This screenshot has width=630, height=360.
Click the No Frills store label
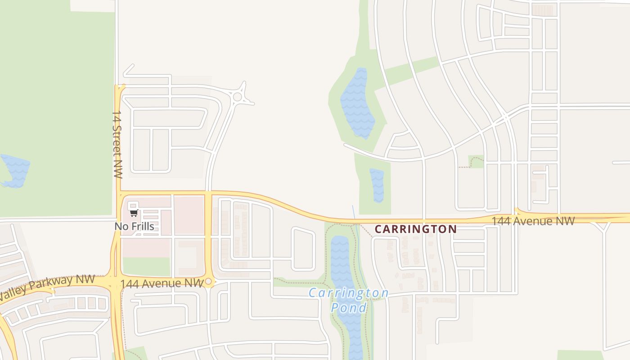click(x=134, y=226)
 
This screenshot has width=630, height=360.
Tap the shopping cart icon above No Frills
click(x=133, y=213)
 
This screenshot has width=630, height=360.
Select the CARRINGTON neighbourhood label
click(x=415, y=229)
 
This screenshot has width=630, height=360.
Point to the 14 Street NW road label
click(x=117, y=144)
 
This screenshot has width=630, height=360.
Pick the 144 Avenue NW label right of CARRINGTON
click(x=533, y=221)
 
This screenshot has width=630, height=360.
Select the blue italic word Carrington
click(x=348, y=293)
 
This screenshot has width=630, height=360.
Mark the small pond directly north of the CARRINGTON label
click(x=377, y=185)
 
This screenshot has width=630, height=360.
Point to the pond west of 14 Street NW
click(x=15, y=171)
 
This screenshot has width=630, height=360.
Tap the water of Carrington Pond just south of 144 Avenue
click(x=339, y=252)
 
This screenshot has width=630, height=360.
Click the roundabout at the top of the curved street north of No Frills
click(x=237, y=96)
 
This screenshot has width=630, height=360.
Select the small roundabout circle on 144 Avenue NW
click(x=208, y=282)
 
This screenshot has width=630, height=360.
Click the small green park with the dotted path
click(x=475, y=162)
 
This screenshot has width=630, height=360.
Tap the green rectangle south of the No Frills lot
click(x=146, y=266)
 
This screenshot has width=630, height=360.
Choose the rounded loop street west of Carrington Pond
click(x=303, y=249)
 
